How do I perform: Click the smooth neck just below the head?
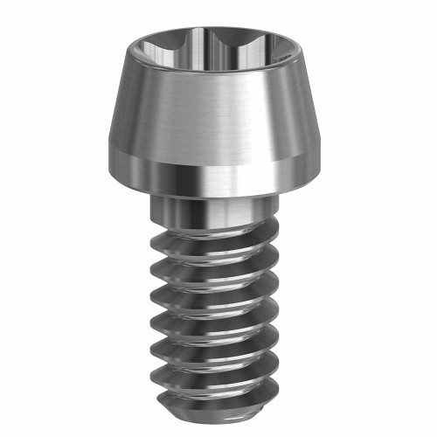tap(210, 210)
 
